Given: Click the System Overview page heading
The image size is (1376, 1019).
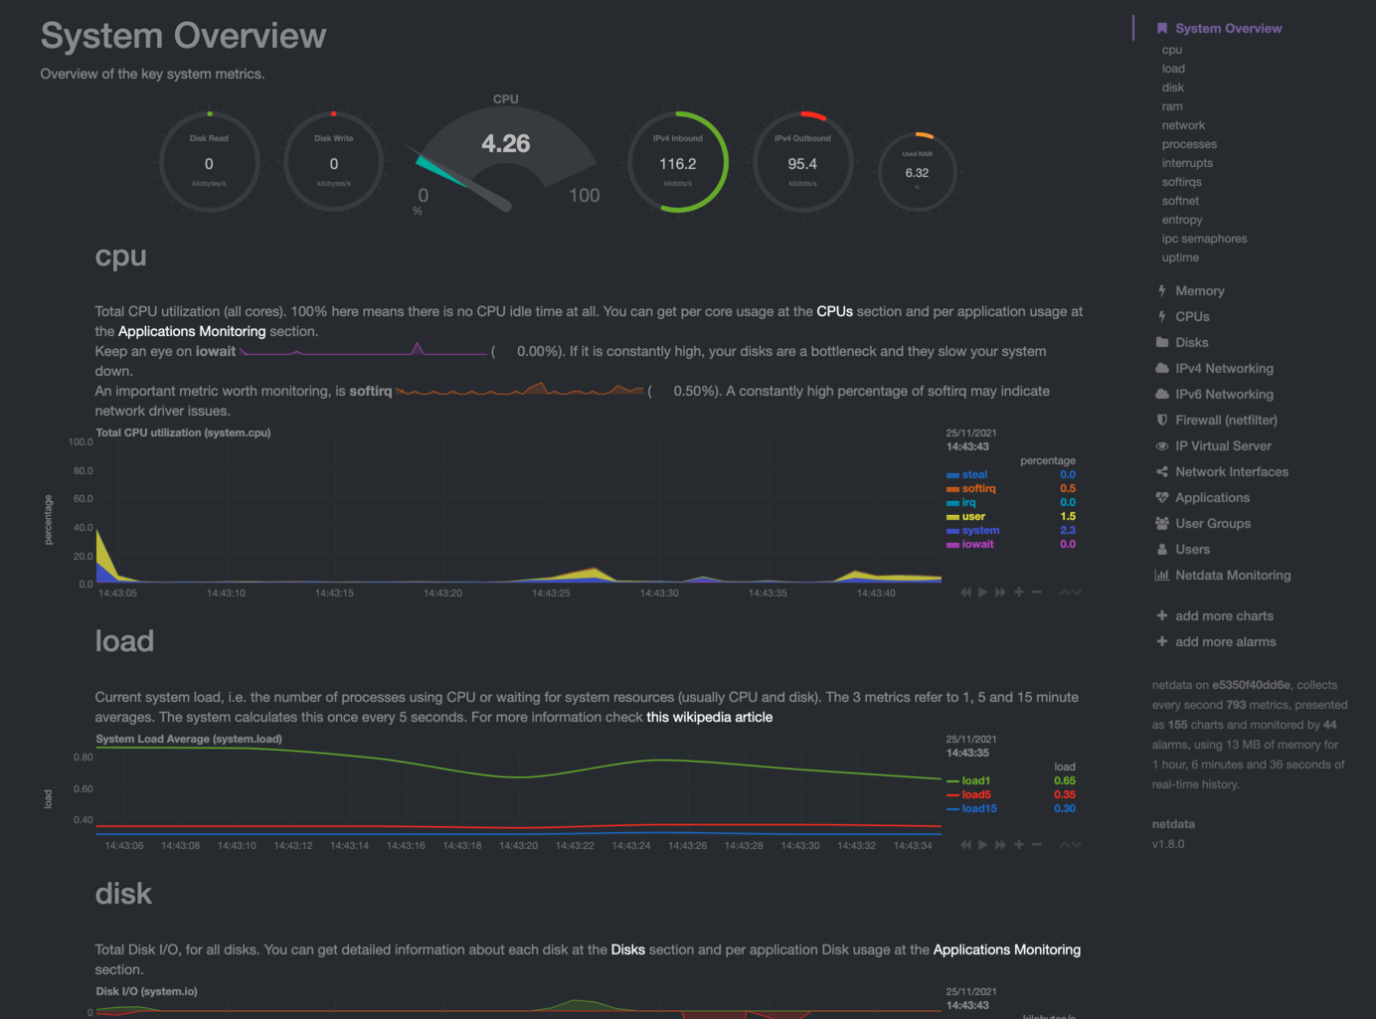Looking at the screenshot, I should pos(183,36).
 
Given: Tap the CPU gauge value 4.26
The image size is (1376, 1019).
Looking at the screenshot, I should pos(505,144).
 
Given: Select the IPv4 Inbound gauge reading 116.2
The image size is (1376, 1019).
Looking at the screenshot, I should pos(678,164).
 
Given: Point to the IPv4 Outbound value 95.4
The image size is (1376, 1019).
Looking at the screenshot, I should pos(802,164).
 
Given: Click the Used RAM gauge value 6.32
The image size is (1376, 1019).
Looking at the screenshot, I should pos(917,173).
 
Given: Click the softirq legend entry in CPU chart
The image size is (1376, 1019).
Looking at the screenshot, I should pos(978,489).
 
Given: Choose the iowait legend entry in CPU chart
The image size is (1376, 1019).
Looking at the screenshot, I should pos(977,545).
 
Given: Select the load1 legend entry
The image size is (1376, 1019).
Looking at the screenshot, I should pos(975,781).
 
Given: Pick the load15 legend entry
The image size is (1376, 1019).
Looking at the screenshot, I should pos(978,809).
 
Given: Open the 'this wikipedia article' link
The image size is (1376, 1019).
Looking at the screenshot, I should pos(709,718).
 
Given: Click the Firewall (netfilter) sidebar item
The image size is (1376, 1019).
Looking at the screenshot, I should pos(1226,421).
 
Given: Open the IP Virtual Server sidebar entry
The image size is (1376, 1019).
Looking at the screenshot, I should pos(1223,446).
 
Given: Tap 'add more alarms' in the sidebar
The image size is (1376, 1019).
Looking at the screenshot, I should pos(1225,642).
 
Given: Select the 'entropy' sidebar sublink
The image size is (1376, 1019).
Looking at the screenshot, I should pos(1182,220).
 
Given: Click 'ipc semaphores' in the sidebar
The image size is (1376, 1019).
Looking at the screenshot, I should pos(1204,239).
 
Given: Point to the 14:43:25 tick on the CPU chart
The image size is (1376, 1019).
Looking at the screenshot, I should pos(551,594).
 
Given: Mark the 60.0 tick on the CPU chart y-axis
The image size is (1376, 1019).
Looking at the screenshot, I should pos(83,499).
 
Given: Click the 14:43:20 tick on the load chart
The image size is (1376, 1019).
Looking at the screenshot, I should pos(518,846).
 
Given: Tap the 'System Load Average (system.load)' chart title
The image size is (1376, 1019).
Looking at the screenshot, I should pos(189,740).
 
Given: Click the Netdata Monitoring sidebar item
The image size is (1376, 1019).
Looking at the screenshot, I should pos(1232,576).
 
